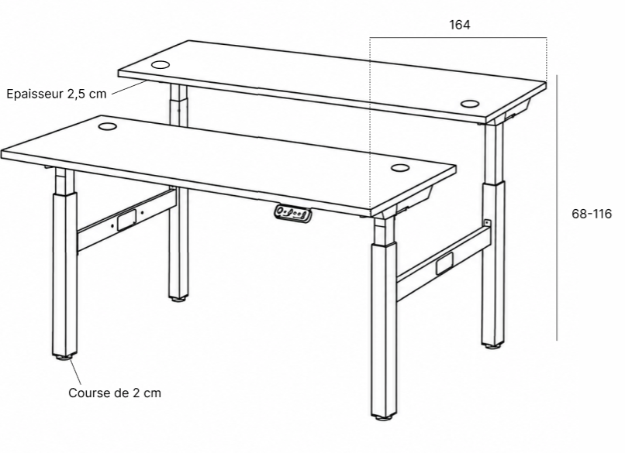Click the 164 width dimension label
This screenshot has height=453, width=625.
(x=460, y=25)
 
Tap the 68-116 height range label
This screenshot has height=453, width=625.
(x=592, y=214)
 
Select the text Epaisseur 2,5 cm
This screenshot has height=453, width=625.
(x=57, y=94)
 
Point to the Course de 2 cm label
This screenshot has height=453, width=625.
(x=115, y=393)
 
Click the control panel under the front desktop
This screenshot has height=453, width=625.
(x=292, y=213)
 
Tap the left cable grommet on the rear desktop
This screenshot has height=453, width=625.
(x=161, y=64)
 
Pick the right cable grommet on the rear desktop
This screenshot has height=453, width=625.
(x=470, y=104)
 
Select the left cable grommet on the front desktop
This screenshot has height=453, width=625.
(x=107, y=126)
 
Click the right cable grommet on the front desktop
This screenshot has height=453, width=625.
(x=400, y=167)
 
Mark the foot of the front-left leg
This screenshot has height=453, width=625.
(x=65, y=357)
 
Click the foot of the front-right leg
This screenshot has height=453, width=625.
(x=384, y=417)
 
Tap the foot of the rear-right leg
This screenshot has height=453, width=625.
(x=493, y=346)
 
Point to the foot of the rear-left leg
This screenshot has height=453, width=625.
(x=178, y=299)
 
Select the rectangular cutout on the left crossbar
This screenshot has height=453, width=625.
(x=126, y=220)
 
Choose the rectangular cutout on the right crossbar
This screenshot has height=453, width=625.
(x=444, y=263)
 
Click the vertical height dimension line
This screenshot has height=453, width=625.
(x=557, y=208)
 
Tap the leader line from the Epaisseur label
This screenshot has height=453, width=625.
(x=128, y=88)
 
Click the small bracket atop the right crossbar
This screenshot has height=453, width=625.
(x=487, y=223)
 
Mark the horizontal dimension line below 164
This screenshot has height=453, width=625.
(x=458, y=38)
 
